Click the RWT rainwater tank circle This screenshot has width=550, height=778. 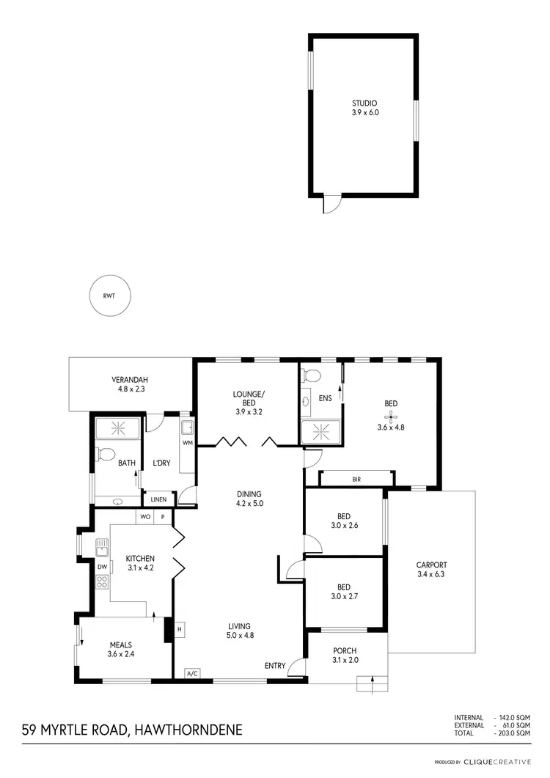point(109,297)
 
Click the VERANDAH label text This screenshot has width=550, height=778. point(130,380)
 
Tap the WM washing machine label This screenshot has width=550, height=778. point(187,442)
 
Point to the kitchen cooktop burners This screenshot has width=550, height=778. point(102,583)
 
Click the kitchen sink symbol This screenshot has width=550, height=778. point(102,546)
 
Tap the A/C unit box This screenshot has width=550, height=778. point(192,673)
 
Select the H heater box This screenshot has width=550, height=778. point(179,628)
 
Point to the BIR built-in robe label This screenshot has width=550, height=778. point(356,479)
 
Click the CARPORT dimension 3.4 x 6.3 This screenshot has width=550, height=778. point(431,576)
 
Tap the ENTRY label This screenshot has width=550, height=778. point(275,666)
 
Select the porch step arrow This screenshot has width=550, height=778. point(373,683)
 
